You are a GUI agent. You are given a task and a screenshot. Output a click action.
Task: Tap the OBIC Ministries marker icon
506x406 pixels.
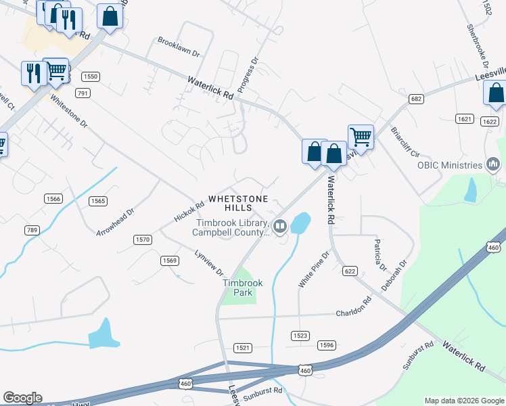493,164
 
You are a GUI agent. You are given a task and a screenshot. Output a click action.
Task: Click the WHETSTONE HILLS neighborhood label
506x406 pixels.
238,203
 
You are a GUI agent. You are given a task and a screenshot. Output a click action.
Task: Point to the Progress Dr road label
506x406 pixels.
249,75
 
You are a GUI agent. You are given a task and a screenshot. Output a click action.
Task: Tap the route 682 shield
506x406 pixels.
416,99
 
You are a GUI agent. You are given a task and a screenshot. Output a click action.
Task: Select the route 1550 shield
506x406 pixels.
91,76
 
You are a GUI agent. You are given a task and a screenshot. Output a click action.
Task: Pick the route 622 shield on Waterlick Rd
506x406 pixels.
349,271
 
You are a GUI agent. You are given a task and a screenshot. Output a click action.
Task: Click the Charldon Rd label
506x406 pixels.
354,309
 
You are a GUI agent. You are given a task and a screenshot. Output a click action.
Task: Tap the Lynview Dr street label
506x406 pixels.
209,263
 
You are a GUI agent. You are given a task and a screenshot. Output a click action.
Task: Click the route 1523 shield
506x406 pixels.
300,336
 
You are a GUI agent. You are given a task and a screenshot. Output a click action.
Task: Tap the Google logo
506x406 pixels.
22,398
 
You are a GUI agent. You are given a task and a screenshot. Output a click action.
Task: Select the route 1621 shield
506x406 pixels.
464,118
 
